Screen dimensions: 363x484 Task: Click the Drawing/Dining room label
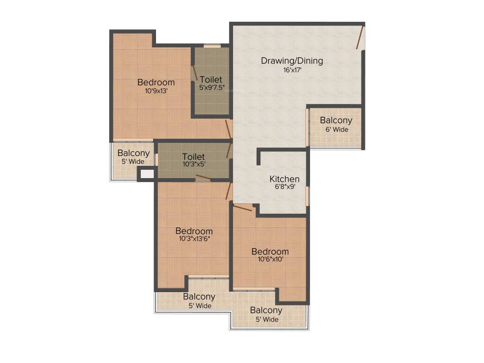pos(292,60)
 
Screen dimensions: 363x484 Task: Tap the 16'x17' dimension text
pos(292,70)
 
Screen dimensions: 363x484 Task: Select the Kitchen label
pos(285,179)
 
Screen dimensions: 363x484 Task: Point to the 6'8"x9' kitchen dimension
pos(285,187)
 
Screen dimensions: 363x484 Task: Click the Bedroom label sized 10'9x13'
pos(156,82)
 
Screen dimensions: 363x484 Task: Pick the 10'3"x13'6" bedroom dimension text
pos(194,239)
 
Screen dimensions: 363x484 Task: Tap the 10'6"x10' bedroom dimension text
pos(270,259)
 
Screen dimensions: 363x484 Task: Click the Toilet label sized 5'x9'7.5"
pos(211,79)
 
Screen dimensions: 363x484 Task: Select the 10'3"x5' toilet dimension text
pos(194,164)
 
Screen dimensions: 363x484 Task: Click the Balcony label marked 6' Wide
pos(336,121)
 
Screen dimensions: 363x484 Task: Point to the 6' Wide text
pos(336,129)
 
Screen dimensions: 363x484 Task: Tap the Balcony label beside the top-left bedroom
pos(134,153)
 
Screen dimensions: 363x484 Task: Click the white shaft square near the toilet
pos(147,173)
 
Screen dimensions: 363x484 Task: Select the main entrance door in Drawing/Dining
pos(361,38)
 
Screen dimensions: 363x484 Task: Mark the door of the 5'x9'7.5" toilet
pos(194,73)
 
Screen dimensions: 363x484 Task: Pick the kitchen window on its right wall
pos(307,196)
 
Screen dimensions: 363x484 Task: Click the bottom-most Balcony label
pos(267,310)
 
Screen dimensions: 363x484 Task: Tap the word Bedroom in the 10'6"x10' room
pos(270,251)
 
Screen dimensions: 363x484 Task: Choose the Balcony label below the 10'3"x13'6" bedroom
pos(199,297)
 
